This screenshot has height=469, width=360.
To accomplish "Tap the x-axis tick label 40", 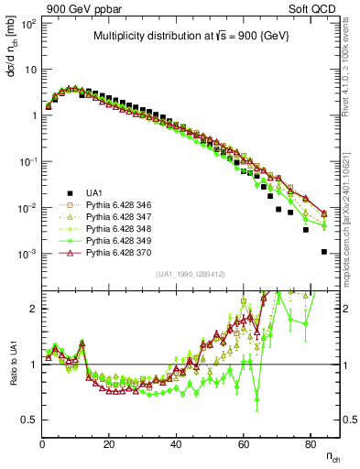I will pyautogui.click(x=176, y=443).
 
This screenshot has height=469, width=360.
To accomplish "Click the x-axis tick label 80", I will pyautogui.click(x=310, y=443).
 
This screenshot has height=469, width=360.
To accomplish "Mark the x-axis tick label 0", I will pyautogui.click(x=42, y=443).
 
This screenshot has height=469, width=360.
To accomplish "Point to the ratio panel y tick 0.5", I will pyautogui.click(x=29, y=420).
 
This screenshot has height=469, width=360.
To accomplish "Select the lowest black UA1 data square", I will pyautogui.click(x=324, y=252).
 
